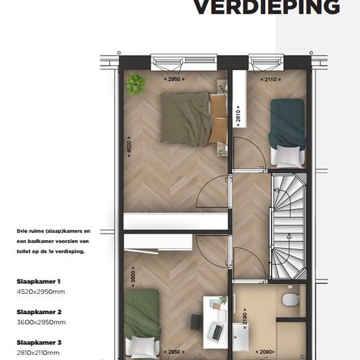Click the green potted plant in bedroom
pyautogui.click(x=136, y=84)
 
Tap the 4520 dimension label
pyautogui.click(x=129, y=147)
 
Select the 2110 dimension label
pyautogui.click(x=270, y=79)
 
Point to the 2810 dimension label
pyautogui.click(x=238, y=116)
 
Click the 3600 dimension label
pyautogui.click(x=133, y=277)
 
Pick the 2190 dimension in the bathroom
pyautogui.click(x=245, y=319)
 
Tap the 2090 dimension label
pyautogui.click(x=265, y=352)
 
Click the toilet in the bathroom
pyautogui.click(x=291, y=299)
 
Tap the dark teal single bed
pyautogui.click(x=288, y=133)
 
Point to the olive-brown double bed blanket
pyautogui.click(x=185, y=119)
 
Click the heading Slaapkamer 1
pyautogui.click(x=39, y=281)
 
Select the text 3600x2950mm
pyautogui.click(x=41, y=322)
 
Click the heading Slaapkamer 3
pyautogui.click(x=39, y=342)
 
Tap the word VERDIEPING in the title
pyautogui.click(x=266, y=7)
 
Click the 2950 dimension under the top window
pyautogui.click(x=174, y=79)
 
